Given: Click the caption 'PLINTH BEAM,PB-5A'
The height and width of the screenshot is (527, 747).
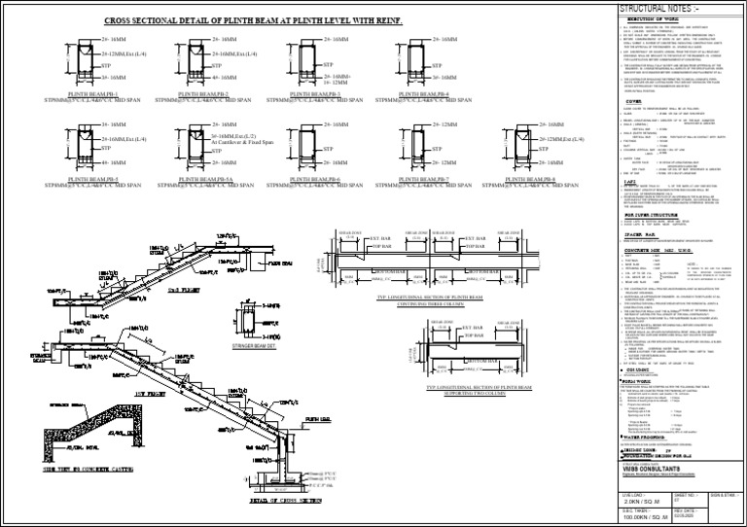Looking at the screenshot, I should pos(205,178).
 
